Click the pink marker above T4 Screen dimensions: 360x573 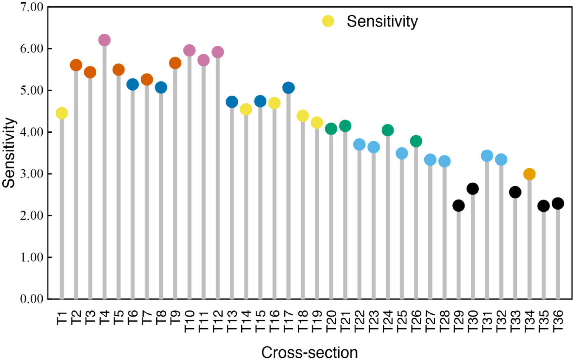(104, 40)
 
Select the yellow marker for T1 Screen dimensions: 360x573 (62, 113)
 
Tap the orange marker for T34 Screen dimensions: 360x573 (529, 174)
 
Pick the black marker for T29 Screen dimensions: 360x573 (458, 206)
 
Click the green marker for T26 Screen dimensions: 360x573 (416, 141)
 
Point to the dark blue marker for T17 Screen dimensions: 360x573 (288, 88)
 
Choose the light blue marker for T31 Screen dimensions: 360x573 (487, 156)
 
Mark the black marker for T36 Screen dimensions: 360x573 (558, 203)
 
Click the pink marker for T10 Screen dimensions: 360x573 (189, 50)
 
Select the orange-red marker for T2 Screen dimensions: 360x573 (76, 65)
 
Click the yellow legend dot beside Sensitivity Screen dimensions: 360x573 (328, 21)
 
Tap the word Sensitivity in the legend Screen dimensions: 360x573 (382, 22)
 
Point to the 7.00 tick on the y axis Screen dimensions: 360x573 (32, 7)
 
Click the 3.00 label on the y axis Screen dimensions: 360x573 (32, 174)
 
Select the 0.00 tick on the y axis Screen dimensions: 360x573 (32, 299)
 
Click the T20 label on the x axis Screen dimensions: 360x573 (331, 321)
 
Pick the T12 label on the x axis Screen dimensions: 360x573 (218, 321)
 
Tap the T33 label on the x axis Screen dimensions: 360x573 (515, 321)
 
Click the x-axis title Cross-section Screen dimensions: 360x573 (310, 352)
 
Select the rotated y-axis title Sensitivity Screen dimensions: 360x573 (9, 153)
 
